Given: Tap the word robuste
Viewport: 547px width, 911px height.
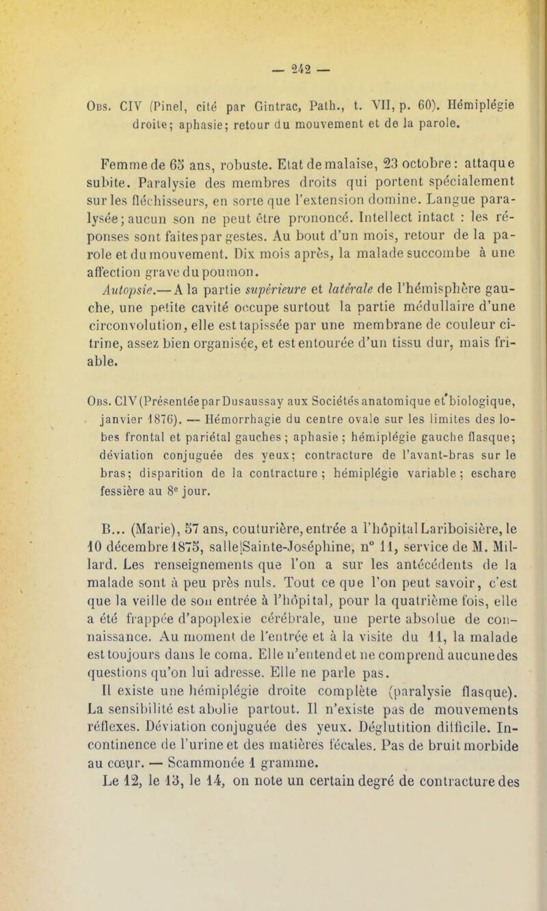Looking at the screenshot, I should [225, 146].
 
